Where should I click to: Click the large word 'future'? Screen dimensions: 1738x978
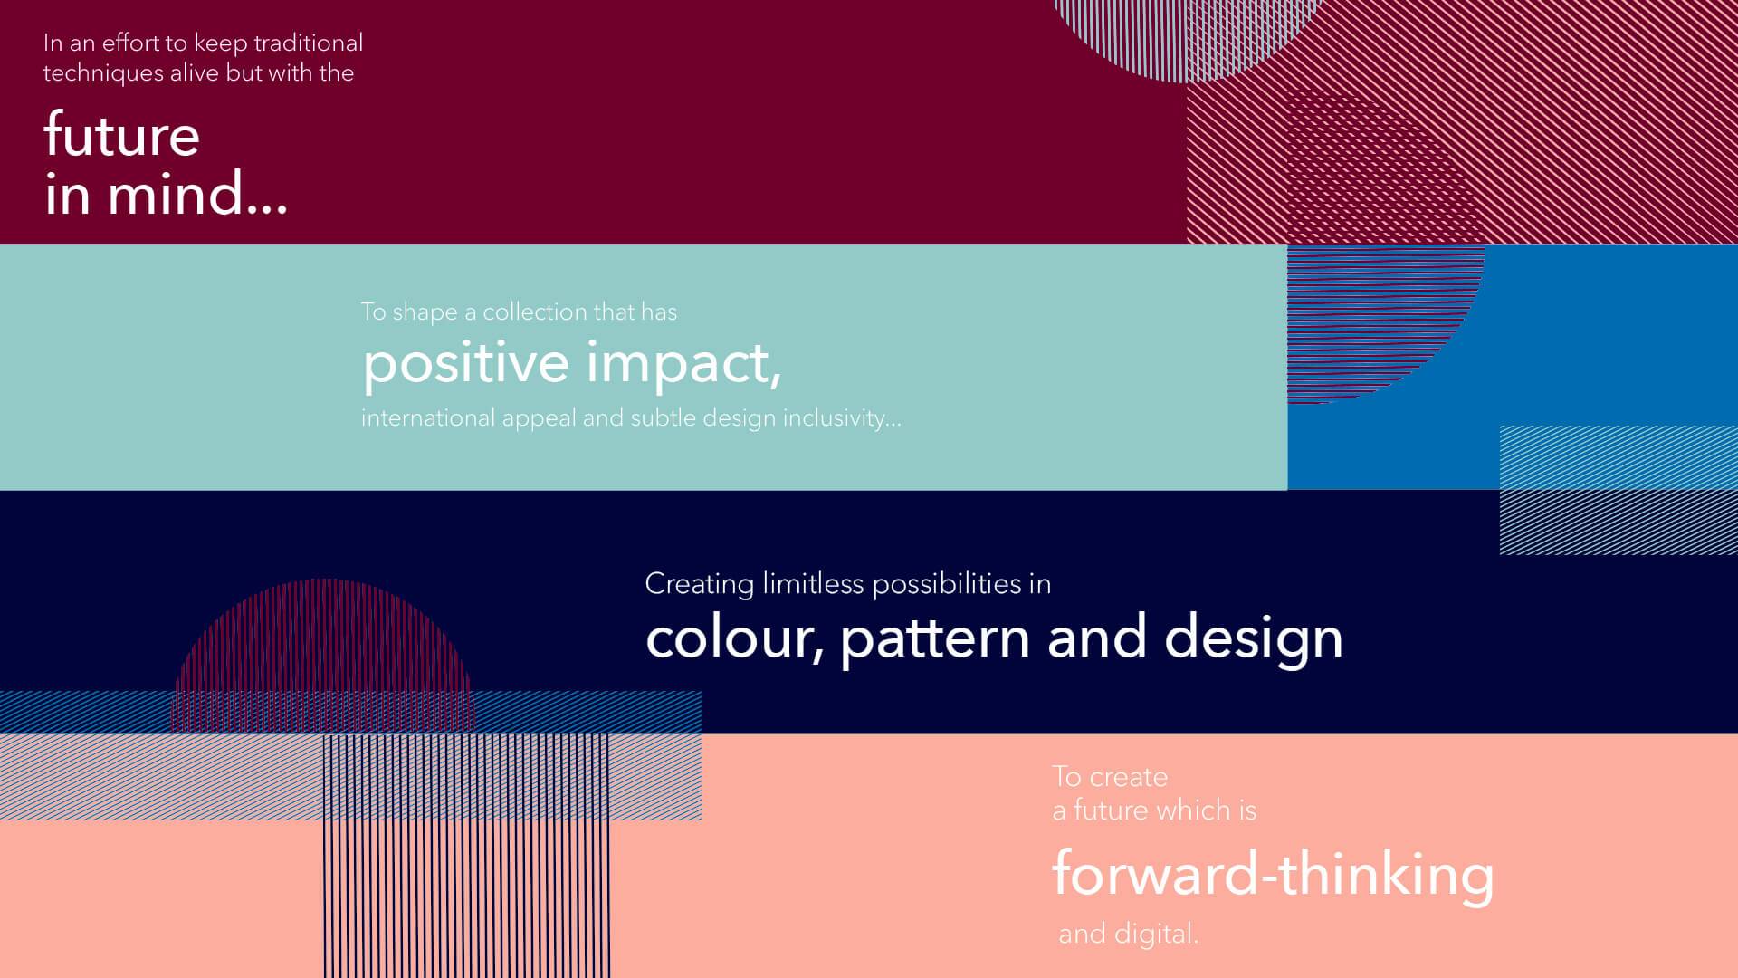coord(121,135)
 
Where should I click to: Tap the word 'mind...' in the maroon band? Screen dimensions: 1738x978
coord(197,193)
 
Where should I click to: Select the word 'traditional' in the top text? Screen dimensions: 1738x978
coord(308,43)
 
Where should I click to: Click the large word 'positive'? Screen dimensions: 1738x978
coord(466,363)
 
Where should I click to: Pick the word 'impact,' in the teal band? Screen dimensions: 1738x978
coord(683,363)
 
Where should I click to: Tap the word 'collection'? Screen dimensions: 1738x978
coord(535,312)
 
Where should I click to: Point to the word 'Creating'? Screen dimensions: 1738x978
coord(699,584)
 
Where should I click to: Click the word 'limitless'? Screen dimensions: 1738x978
coord(813,583)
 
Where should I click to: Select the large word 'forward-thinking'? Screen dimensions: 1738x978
coord(1273,875)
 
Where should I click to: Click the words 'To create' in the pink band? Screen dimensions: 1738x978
coord(1110,777)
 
